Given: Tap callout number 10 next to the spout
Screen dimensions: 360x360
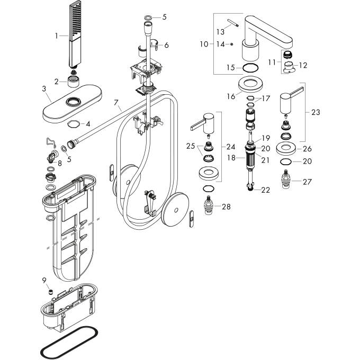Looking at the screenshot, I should click(x=204, y=44).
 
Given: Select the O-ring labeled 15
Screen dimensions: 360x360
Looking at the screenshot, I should click(x=250, y=68).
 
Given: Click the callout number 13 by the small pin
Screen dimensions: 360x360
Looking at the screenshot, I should click(x=220, y=32).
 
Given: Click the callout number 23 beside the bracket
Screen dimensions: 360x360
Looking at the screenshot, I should click(x=316, y=112).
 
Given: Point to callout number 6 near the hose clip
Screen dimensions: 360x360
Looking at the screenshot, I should click(x=166, y=46).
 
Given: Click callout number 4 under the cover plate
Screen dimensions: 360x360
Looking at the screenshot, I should click(x=88, y=124).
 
